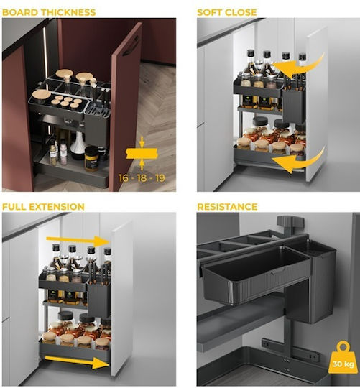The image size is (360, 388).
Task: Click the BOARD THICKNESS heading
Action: [49, 12]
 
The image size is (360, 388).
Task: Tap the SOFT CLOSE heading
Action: [226, 12]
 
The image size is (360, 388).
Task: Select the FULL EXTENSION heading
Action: [43, 207]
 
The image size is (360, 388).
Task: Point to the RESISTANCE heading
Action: [227, 207]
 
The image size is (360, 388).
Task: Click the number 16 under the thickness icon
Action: [123, 178]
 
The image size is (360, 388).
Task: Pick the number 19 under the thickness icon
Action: [160, 178]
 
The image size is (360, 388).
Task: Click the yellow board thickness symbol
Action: [142, 154]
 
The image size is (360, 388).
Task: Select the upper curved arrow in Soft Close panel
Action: [300, 67]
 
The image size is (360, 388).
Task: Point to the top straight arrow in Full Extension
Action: [78, 241]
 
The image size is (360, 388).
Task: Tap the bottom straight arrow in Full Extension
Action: [78, 361]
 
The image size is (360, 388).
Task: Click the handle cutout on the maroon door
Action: [131, 46]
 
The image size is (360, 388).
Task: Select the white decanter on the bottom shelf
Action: [78, 144]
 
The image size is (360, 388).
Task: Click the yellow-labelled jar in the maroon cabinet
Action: [91, 159]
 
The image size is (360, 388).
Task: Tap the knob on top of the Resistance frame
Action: [290, 221]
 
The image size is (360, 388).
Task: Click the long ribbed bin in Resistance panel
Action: [256, 275]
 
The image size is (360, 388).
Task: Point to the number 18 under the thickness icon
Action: [142, 178]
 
